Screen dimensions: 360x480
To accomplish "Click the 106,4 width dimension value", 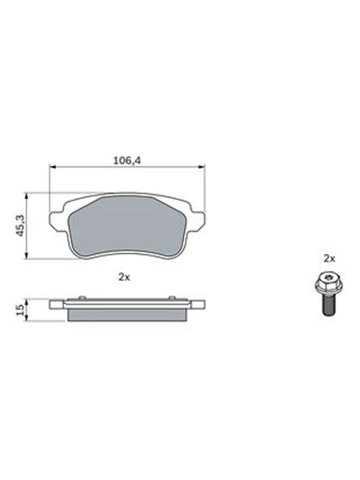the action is coord(127,161).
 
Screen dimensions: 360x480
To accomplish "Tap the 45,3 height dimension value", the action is coord(20,225).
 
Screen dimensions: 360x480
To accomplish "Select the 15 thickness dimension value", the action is coord(20,310).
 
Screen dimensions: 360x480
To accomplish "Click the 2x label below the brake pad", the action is coord(124,277).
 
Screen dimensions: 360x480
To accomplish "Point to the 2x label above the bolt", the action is coord(329,259).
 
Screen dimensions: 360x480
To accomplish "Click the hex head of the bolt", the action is coord(328,281).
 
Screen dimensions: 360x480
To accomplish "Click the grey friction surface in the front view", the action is coord(126,227).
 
